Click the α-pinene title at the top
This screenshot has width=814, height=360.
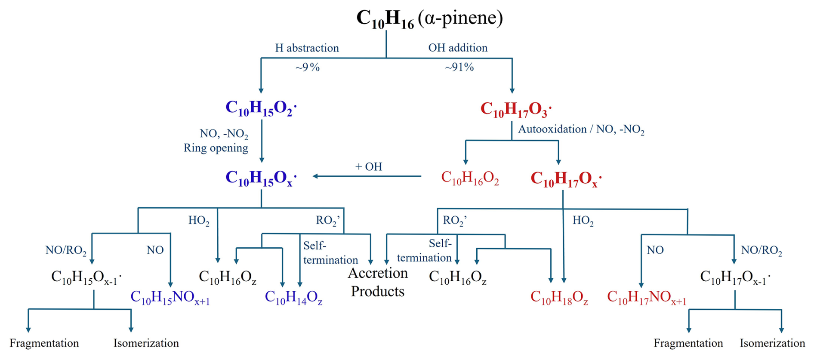[429, 18]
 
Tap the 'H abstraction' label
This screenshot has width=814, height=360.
[307, 48]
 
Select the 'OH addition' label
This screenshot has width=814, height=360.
[458, 48]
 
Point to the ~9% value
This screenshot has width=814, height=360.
[307, 67]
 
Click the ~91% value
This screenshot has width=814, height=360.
[459, 67]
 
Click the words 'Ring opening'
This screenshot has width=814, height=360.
[216, 148]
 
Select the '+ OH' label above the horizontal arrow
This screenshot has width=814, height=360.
[369, 167]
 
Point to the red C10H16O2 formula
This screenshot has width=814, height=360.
[470, 178]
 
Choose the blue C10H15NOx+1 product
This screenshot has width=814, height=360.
[170, 297]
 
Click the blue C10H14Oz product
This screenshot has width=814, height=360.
[293, 297]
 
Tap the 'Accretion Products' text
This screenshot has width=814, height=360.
[378, 282]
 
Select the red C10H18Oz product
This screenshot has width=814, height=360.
[559, 297]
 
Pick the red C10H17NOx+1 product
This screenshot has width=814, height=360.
[647, 297]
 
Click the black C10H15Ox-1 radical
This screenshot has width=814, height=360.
[86, 277]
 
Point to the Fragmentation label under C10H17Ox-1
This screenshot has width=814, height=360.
[688, 343]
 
